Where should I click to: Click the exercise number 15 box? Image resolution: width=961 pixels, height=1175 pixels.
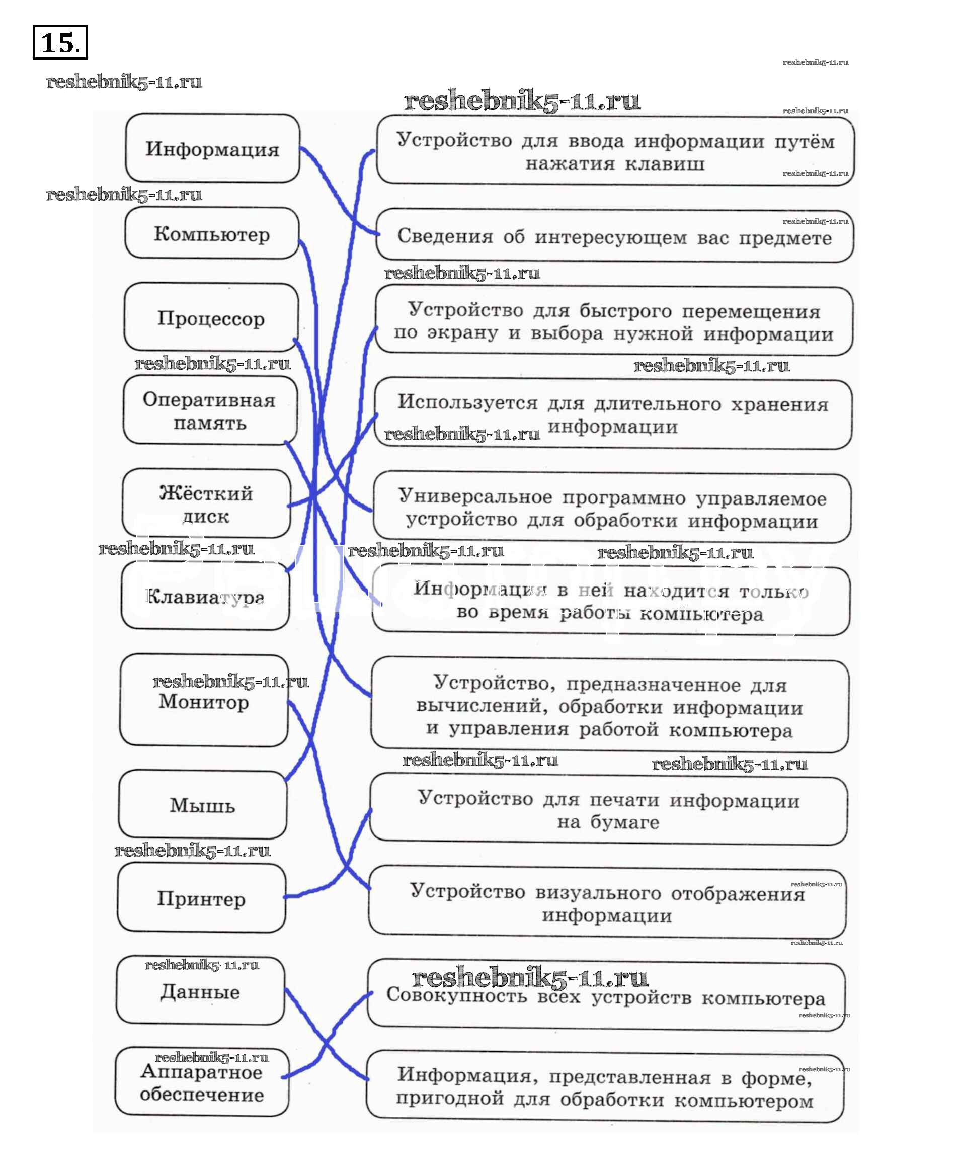[60, 42]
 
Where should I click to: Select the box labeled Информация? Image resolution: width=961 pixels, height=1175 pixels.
[212, 149]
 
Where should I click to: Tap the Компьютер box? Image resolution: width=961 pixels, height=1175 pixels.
[211, 233]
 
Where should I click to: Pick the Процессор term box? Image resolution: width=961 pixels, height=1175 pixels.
[211, 318]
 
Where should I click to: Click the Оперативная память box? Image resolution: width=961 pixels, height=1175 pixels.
[209, 410]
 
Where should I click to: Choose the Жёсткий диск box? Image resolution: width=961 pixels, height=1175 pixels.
[206, 503]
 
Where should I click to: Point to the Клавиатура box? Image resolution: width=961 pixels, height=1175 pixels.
[205, 596]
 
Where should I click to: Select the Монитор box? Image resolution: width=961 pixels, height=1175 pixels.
[204, 701]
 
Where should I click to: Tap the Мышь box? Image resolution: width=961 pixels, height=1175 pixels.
[202, 805]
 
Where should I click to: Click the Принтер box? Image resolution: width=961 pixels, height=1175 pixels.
[201, 898]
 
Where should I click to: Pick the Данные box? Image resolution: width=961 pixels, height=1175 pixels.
[200, 991]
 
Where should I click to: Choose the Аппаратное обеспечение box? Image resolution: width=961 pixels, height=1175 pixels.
[201, 1083]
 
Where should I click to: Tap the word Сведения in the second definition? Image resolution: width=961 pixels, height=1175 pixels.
[445, 236]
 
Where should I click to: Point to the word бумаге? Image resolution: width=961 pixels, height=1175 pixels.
[624, 822]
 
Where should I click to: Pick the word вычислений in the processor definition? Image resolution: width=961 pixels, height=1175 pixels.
[482, 707]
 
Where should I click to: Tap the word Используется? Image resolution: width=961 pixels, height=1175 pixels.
[467, 402]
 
